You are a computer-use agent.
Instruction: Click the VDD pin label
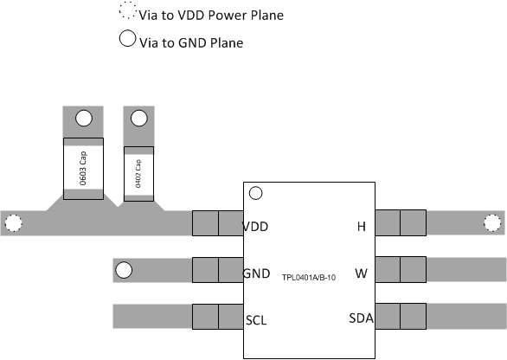255,227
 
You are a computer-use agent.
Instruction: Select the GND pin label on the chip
256,273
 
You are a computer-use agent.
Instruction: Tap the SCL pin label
256,319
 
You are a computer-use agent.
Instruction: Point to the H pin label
361,227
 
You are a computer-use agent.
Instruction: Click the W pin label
361,273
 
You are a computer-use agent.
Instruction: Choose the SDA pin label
361,319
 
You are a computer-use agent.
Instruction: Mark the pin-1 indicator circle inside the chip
255,193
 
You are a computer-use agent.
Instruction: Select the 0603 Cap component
84,168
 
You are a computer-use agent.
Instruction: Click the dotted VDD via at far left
13,223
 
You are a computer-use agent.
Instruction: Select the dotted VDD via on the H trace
492,223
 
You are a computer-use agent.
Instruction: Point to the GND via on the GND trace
125,271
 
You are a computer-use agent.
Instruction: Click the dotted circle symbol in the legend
127,13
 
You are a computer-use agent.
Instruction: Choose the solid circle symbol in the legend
127,39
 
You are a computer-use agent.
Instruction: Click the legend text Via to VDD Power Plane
210,16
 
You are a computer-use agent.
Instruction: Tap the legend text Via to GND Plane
190,42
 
